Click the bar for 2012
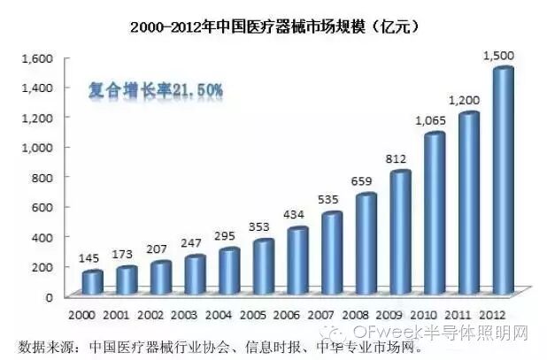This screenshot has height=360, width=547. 503,181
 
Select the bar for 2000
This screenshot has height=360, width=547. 92,282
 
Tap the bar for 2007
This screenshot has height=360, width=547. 332,253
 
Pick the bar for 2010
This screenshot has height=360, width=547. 435,213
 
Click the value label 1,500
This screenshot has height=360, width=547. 502,57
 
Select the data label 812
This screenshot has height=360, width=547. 400,159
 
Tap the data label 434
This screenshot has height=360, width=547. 297,216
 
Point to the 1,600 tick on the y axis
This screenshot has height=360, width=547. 37,58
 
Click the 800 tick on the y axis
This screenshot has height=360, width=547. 42,178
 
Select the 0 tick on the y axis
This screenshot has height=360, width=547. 50,296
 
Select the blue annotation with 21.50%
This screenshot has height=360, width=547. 156,90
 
